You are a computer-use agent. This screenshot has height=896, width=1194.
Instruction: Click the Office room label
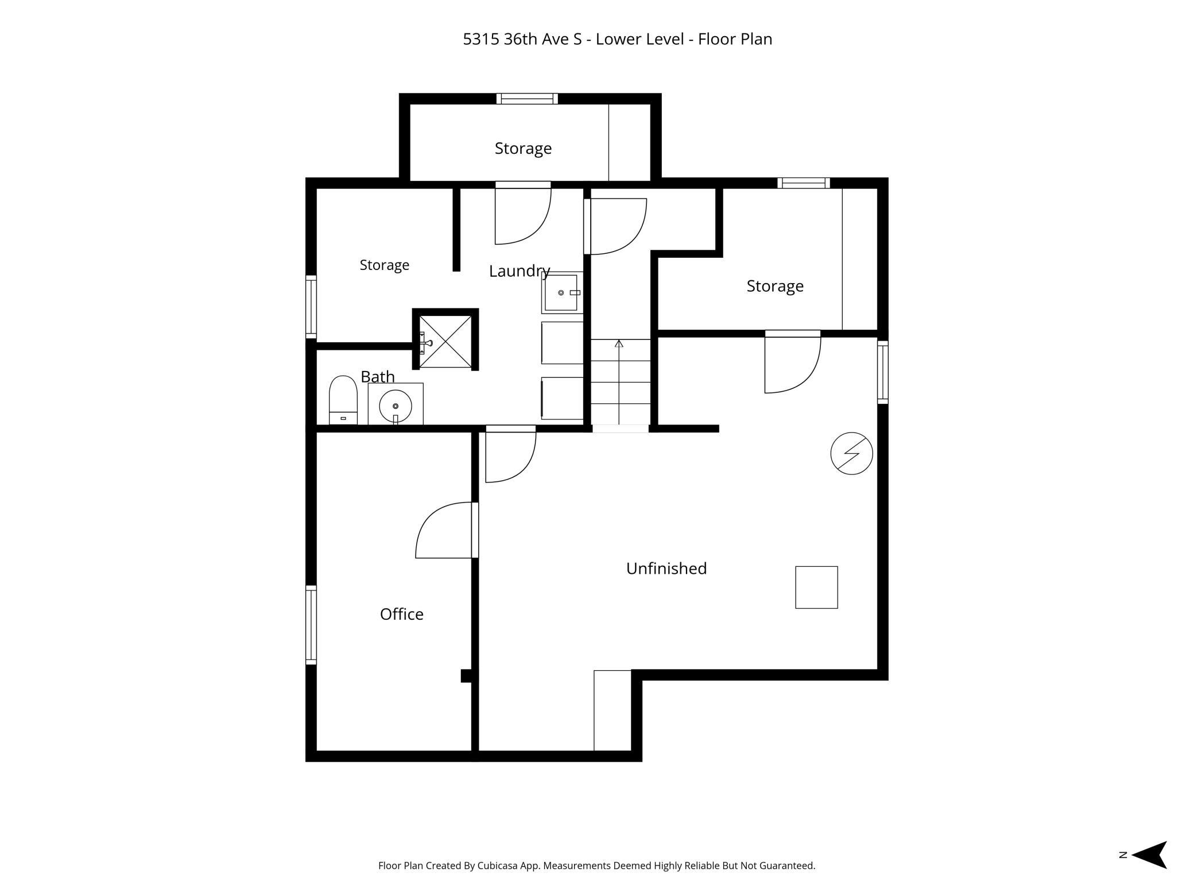(x=402, y=614)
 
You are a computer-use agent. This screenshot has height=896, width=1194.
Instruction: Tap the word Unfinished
(x=666, y=568)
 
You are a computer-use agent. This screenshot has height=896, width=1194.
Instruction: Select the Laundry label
(x=520, y=271)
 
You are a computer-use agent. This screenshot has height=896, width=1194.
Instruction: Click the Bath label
(x=378, y=377)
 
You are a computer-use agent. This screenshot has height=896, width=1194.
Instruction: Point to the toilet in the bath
(x=343, y=400)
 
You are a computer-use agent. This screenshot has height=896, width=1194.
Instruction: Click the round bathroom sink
(x=396, y=405)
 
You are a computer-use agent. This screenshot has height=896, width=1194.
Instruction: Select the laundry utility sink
(x=561, y=293)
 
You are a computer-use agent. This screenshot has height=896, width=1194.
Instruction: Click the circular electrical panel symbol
(x=852, y=453)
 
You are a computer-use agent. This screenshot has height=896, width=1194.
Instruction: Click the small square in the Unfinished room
(x=816, y=587)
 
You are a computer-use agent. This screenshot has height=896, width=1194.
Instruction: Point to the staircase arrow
(x=619, y=381)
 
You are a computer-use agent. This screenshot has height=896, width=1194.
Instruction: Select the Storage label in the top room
(x=523, y=148)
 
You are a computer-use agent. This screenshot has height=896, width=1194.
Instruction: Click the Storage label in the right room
(x=775, y=286)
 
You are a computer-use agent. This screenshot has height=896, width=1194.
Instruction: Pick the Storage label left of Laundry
(x=385, y=265)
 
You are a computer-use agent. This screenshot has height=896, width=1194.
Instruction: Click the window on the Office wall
(x=311, y=625)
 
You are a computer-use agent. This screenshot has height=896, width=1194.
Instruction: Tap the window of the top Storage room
(x=527, y=99)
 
